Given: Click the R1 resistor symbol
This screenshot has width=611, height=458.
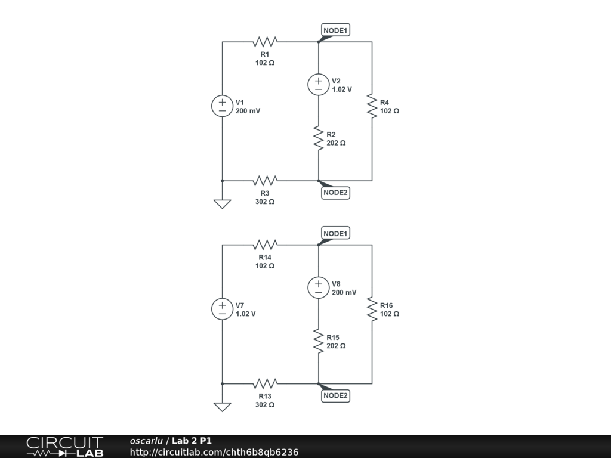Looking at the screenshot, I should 266,42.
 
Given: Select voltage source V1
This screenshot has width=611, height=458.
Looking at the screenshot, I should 222,106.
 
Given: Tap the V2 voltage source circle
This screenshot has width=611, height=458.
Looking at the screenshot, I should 318,85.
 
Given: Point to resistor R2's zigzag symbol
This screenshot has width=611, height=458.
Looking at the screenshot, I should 318,138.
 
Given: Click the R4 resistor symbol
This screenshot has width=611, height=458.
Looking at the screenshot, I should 372,106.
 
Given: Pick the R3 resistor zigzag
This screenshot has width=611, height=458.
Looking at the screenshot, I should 266,180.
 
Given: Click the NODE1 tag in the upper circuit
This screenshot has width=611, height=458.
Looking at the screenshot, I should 335,30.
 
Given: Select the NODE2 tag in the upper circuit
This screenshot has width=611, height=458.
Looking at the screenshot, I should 335,193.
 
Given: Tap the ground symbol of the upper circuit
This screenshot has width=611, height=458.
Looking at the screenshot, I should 222,204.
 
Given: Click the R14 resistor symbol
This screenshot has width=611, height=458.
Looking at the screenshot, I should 266,245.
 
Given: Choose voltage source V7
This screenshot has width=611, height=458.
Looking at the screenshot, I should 222,309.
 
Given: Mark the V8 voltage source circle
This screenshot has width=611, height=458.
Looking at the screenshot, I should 318,287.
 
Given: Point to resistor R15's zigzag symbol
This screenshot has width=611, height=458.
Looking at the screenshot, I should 318,341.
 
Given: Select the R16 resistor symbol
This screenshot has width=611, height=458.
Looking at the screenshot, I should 372,309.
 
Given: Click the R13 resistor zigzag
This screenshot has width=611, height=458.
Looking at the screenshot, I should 266,383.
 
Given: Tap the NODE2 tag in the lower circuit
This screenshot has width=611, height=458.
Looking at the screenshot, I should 335,395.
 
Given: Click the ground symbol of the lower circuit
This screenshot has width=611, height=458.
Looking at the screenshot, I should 222,407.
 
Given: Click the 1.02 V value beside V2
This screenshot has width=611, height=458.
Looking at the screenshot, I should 342,89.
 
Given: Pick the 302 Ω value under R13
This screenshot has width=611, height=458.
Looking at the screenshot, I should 265,404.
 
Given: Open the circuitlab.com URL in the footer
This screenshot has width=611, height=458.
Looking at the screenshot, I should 214,452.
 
